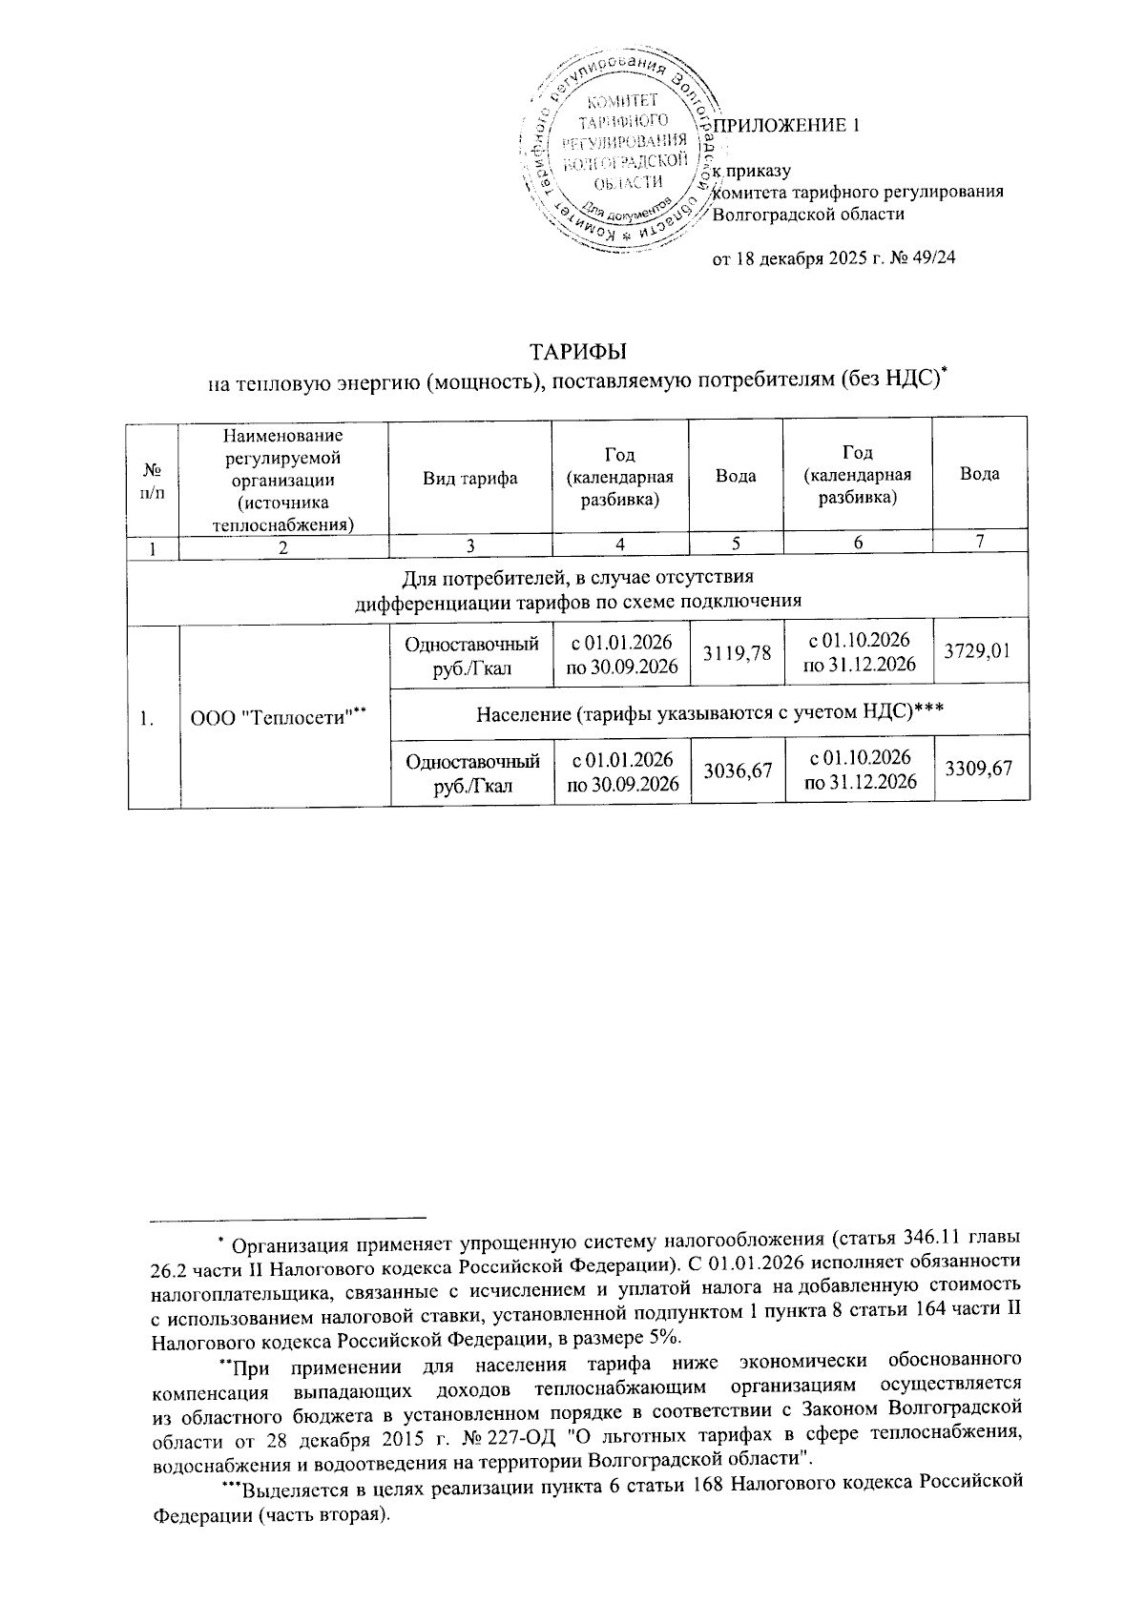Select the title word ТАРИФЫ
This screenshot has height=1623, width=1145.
click(577, 352)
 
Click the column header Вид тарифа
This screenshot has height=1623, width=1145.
click(470, 477)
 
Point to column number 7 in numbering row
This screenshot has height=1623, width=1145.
click(979, 541)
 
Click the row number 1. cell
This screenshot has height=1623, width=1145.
click(149, 718)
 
